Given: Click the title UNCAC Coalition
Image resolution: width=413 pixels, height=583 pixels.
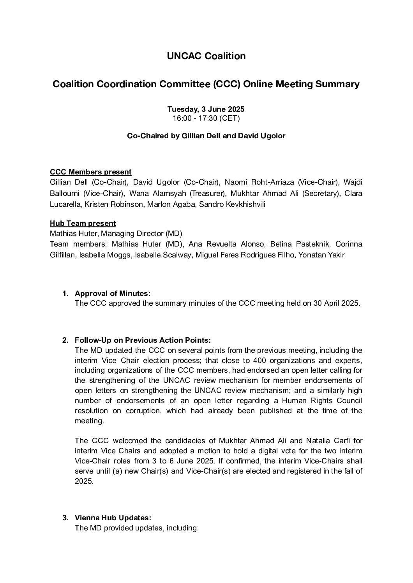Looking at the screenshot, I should [206, 56].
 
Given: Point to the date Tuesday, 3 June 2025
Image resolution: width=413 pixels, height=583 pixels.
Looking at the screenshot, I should [206, 109].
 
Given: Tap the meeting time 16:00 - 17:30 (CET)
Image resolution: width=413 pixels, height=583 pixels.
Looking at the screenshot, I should [206, 118].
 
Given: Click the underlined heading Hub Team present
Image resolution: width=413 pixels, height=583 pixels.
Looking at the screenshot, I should [83, 224].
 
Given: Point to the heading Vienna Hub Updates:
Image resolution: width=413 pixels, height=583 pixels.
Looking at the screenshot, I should [113, 518].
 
